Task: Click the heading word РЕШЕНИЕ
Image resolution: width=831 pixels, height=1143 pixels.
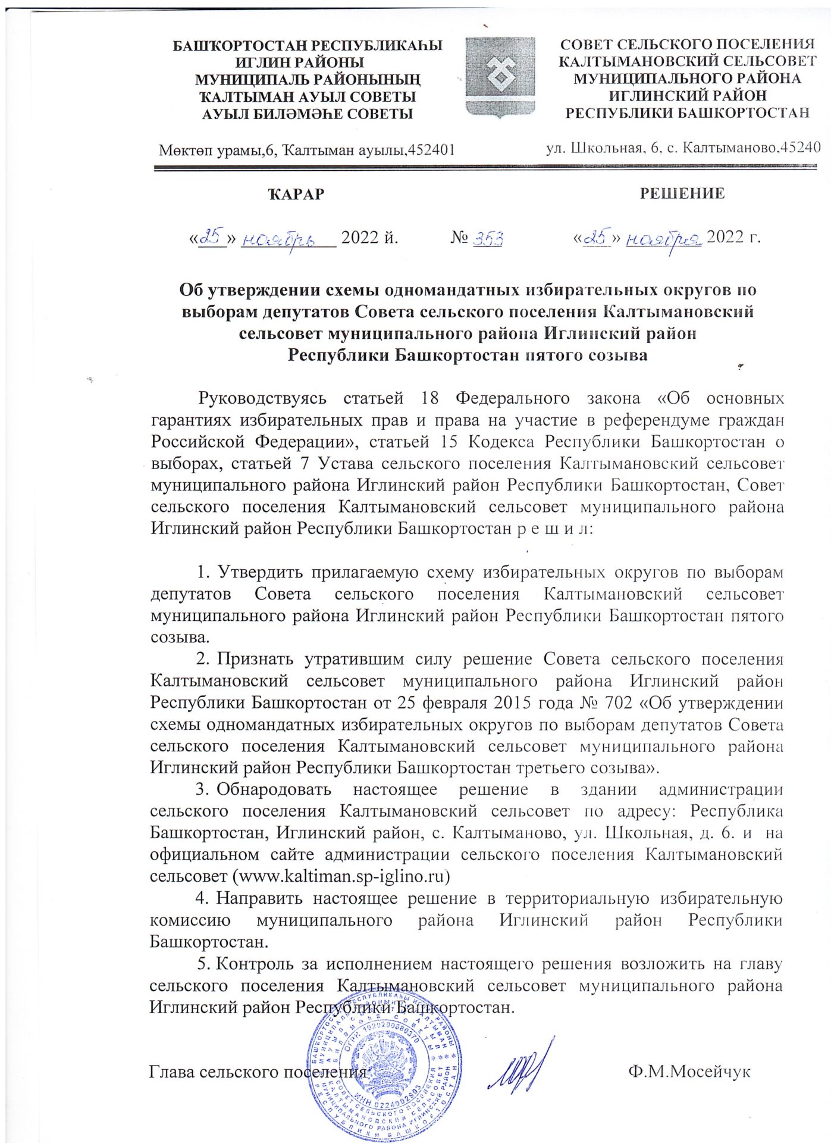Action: tap(682, 193)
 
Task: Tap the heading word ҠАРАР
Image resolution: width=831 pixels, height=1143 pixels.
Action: tap(296, 194)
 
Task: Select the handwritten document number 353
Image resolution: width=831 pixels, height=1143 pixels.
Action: tap(488, 239)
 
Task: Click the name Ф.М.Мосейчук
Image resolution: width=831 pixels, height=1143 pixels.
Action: tap(689, 1072)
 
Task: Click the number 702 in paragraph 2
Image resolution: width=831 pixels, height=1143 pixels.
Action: tap(617, 702)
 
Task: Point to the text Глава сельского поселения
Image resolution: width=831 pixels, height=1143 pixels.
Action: tap(257, 1072)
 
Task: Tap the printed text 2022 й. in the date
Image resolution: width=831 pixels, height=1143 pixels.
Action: tap(369, 238)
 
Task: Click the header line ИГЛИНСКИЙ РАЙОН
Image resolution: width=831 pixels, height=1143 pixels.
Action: tap(687, 95)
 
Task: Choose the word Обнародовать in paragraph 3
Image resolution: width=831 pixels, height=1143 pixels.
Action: tap(274, 789)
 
